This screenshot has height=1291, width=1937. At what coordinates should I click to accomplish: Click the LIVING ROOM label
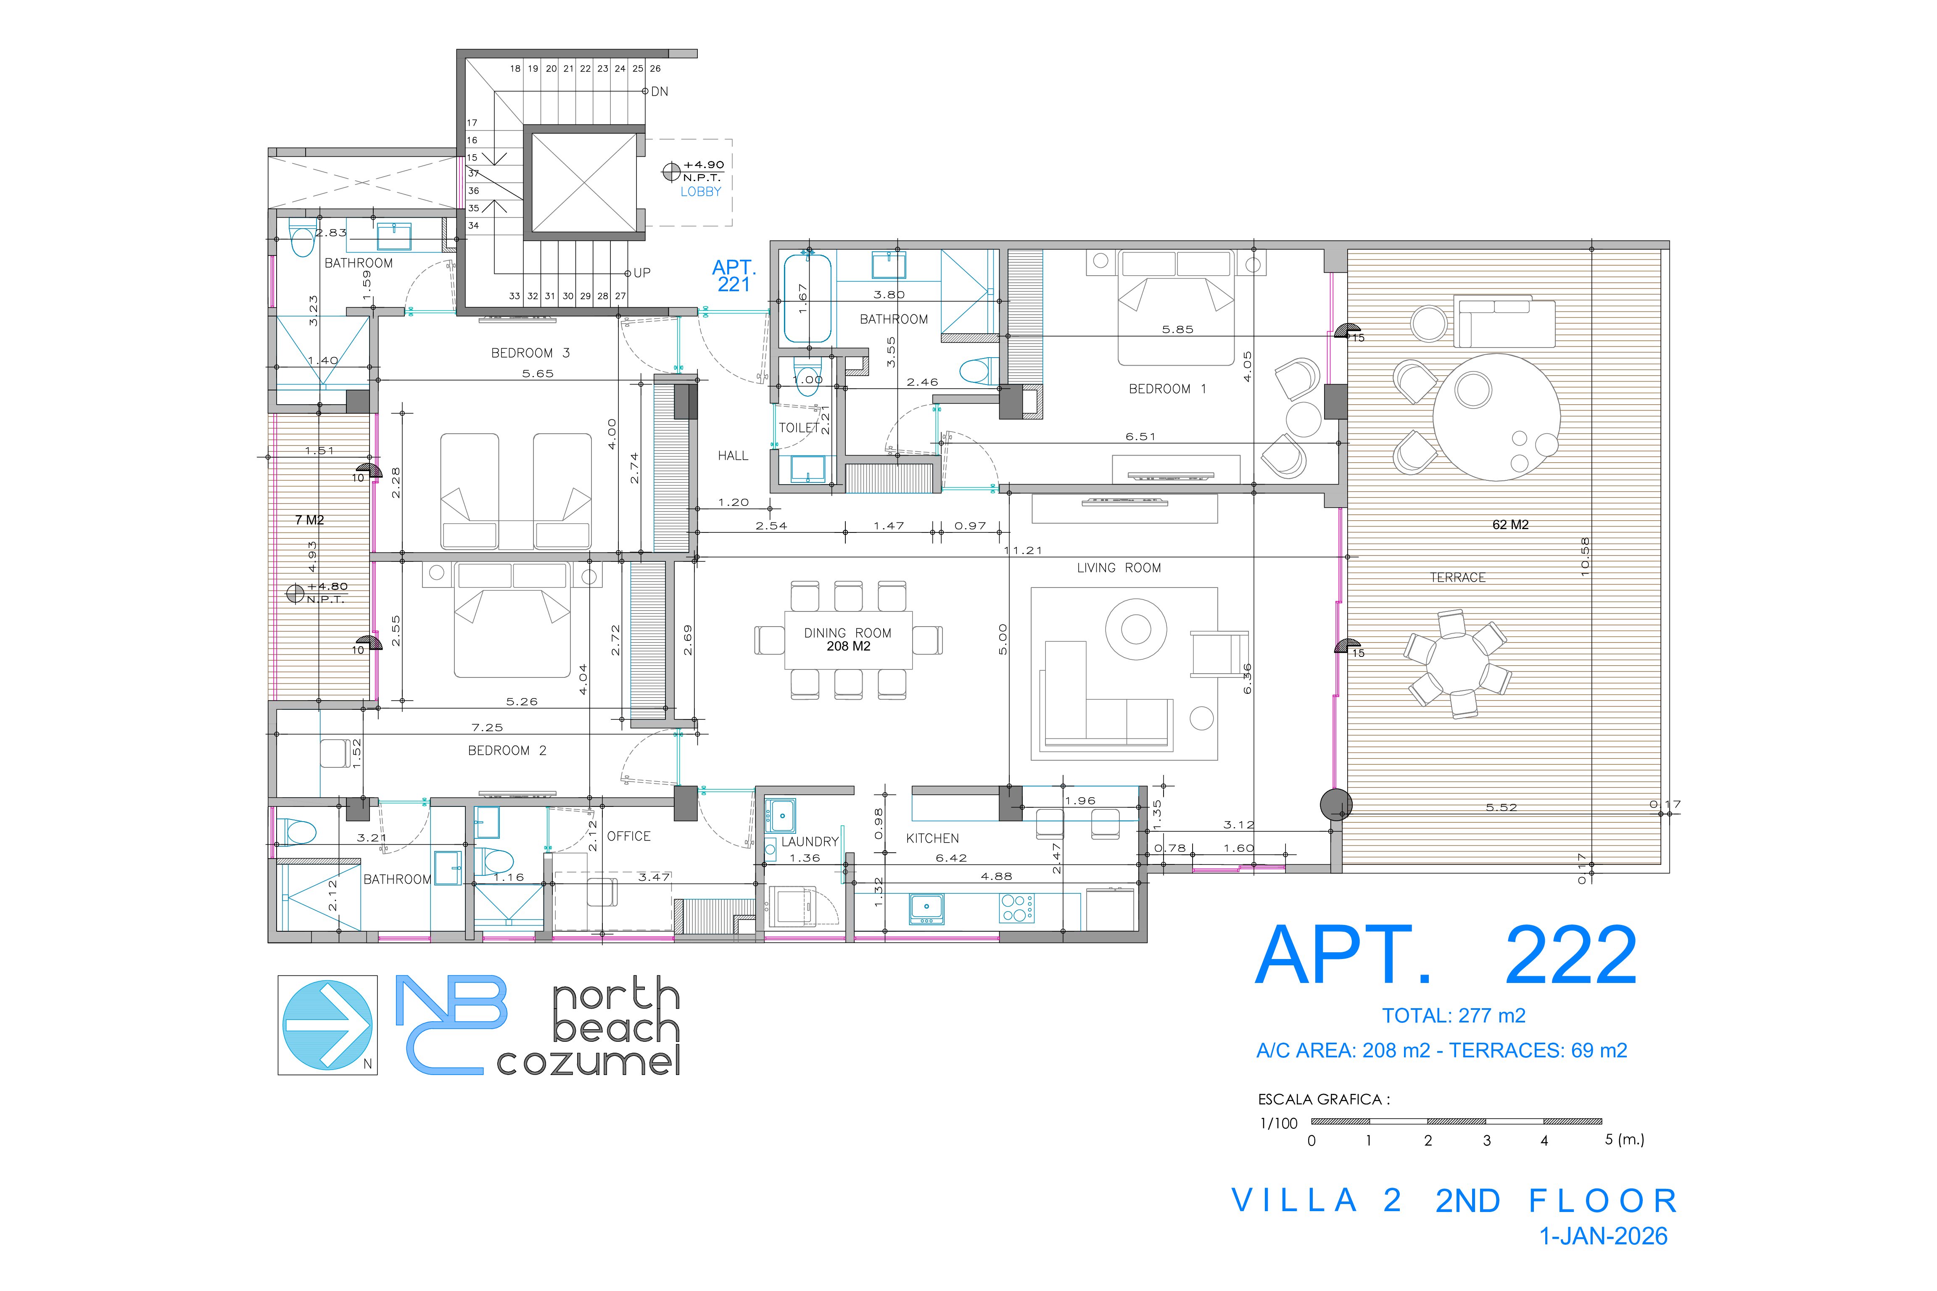[1119, 568]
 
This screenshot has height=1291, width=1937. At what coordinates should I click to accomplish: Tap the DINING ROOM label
[847, 633]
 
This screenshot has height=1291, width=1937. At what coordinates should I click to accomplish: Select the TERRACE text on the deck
[1458, 578]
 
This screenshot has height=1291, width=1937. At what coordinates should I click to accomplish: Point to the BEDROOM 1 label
[1167, 389]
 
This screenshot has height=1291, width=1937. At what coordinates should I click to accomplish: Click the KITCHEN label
[932, 838]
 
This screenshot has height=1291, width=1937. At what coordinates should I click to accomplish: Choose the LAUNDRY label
[810, 841]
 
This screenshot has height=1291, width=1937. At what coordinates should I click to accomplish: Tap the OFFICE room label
[628, 837]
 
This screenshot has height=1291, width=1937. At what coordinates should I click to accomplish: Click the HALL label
[733, 455]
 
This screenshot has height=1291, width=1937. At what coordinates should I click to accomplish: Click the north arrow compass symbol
[328, 1025]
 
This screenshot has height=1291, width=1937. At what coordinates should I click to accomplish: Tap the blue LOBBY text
[701, 192]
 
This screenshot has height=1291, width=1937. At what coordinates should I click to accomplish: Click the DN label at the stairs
[660, 91]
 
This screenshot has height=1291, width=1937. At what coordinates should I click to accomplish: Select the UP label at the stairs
[641, 272]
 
